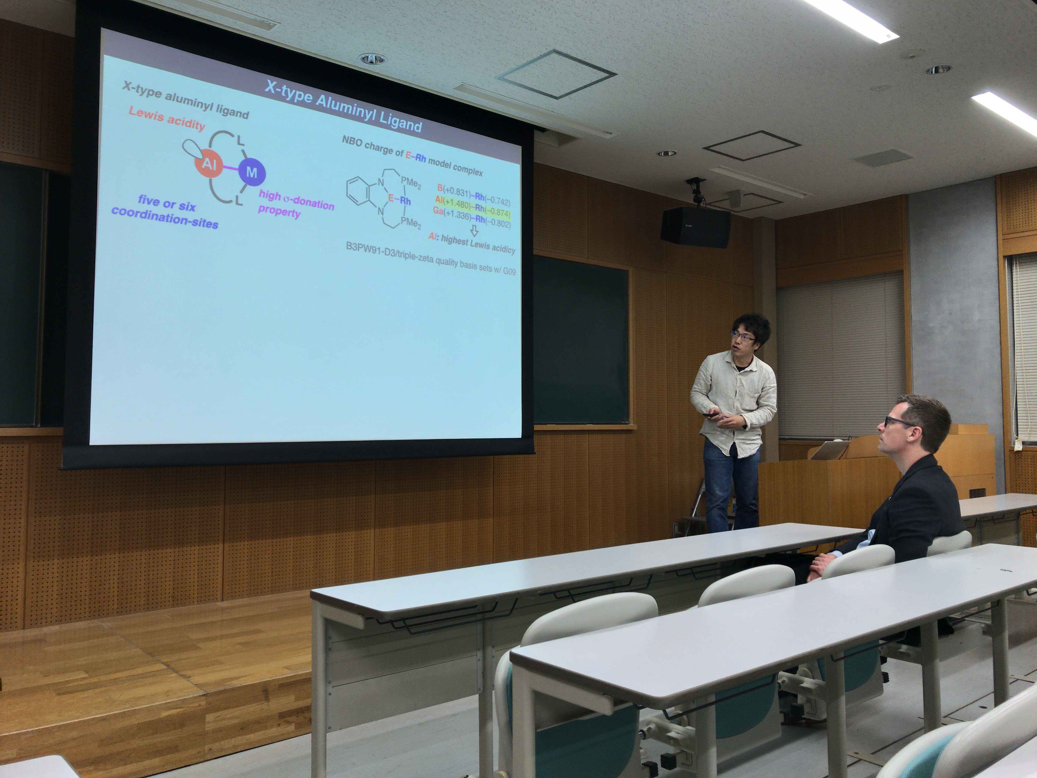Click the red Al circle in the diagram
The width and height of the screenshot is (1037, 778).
[x=208, y=164]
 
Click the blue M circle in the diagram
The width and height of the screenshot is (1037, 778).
[x=252, y=172]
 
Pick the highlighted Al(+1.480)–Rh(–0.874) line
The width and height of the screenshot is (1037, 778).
[x=472, y=207]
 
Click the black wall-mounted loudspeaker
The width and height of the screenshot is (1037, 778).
[x=695, y=227]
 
